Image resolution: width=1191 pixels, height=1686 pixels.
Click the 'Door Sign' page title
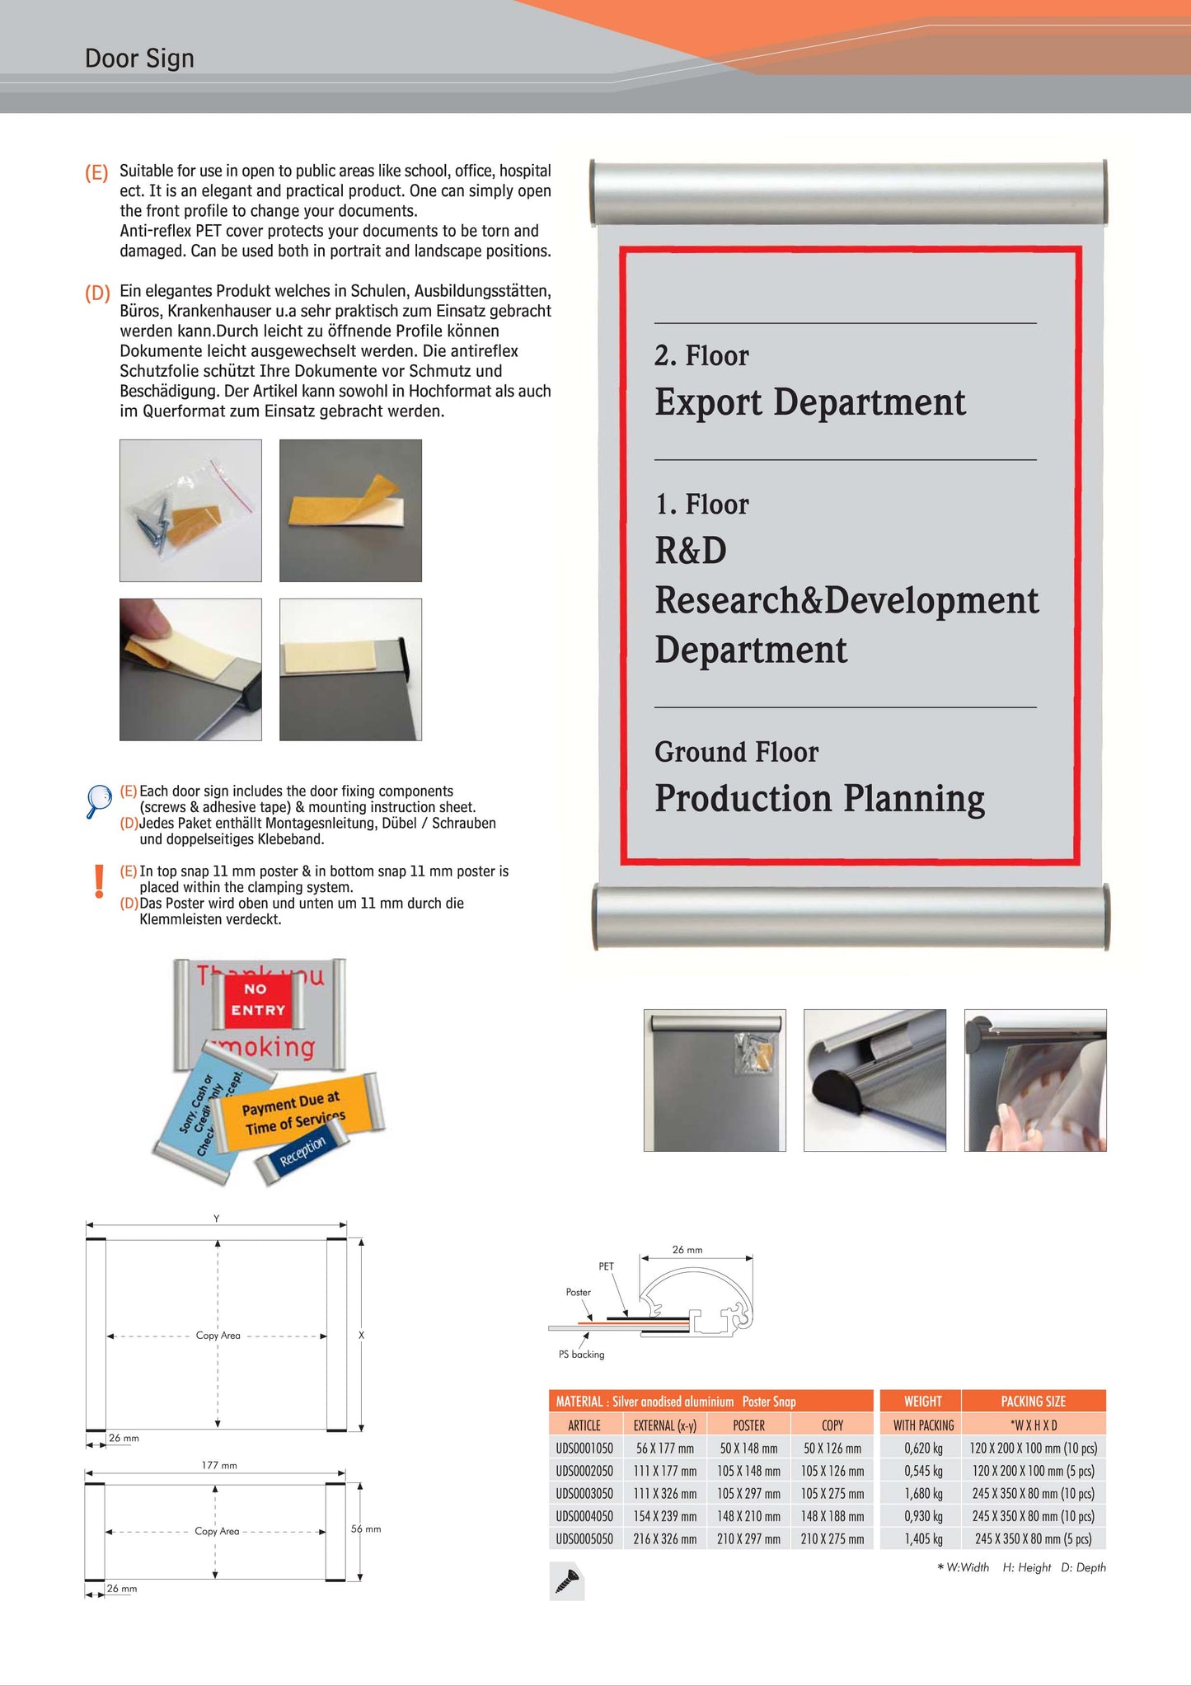click(139, 59)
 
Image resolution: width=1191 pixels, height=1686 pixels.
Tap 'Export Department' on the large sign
click(809, 402)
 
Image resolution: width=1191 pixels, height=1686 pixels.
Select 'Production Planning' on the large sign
click(819, 798)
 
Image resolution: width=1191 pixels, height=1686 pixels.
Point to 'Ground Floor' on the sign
click(736, 752)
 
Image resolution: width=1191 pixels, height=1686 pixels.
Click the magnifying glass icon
click(99, 801)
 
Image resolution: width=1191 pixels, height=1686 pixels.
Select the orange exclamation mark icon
click(100, 881)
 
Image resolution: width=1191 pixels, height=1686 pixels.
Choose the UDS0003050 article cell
click(584, 1493)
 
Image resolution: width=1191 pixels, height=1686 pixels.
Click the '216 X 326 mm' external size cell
click(665, 1538)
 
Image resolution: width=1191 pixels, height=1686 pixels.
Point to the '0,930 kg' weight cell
click(922, 1516)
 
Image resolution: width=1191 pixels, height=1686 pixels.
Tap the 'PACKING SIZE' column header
click(1033, 1401)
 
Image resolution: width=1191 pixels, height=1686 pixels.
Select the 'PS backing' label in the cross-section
click(581, 1355)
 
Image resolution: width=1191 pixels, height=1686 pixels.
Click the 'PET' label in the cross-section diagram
click(606, 1266)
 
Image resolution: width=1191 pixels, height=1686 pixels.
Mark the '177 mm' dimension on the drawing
click(219, 1465)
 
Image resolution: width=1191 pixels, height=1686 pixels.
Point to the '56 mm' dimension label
click(366, 1529)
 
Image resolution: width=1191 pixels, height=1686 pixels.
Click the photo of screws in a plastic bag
click(190, 510)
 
